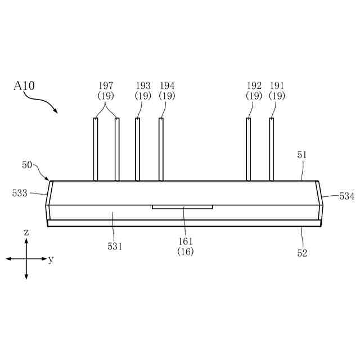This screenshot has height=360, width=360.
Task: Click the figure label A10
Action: tap(24, 86)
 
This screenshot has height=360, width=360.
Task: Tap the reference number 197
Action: tap(106, 85)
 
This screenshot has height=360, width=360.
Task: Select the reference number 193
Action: tap(143, 85)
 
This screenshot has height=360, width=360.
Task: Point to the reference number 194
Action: tap(167, 85)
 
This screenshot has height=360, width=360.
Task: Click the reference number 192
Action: tap(254, 85)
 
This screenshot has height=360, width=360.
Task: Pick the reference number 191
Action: tap(277, 85)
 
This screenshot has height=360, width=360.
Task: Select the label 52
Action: tap(303, 253)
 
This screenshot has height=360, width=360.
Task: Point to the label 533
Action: tap(20, 193)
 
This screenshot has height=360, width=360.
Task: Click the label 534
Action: tap(346, 196)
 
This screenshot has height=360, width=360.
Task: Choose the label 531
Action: tap(115, 246)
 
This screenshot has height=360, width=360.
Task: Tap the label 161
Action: tap(185, 242)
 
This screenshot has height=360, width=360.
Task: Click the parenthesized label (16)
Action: tap(185, 252)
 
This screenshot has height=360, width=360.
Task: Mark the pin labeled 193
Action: tap(137, 149)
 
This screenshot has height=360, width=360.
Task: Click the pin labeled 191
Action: tap(272, 149)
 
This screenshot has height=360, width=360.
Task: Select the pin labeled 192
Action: tap(248, 149)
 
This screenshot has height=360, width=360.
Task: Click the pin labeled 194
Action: tap(161, 149)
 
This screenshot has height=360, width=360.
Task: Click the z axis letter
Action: tap(26, 232)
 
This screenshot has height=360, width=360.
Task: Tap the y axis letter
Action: tap(51, 259)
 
